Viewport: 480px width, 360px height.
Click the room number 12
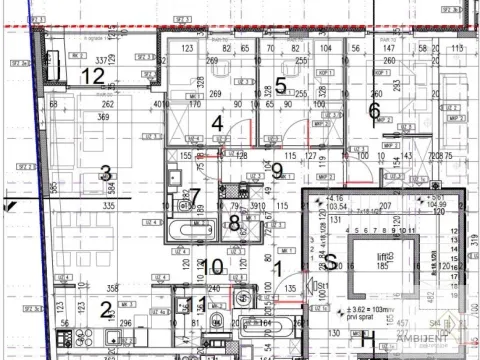93,76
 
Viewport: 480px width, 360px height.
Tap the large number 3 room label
105,174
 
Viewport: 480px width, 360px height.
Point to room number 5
281,87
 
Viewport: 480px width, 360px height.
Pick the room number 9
278,169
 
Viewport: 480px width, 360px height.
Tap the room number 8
234,224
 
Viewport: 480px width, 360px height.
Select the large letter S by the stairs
329,261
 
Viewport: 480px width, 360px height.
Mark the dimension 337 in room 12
100,60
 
